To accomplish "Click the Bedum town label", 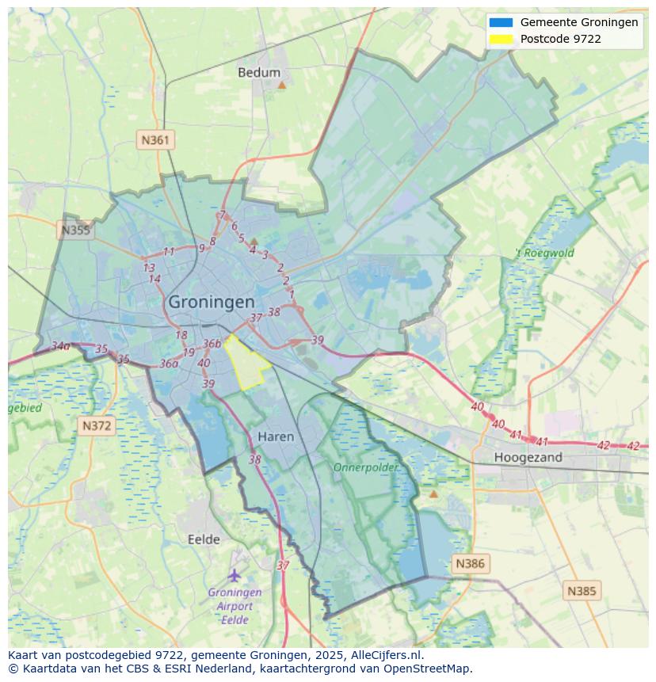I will [259, 73].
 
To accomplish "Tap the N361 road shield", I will [155, 140].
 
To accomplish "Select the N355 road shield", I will [75, 231].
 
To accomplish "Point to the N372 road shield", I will [97, 425].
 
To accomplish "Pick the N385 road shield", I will [582, 591].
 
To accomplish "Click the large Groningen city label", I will [212, 302].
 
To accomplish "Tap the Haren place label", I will [276, 436].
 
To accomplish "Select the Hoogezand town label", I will [528, 457].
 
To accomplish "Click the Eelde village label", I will [204, 539].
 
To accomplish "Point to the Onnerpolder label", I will [365, 468].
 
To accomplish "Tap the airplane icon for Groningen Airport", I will [234, 575].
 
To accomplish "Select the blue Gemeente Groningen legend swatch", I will [501, 22].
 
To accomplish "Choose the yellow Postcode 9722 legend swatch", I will [501, 39].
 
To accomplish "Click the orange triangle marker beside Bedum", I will [281, 84].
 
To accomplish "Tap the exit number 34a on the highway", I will [60, 346].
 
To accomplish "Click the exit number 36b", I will [212, 344].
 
